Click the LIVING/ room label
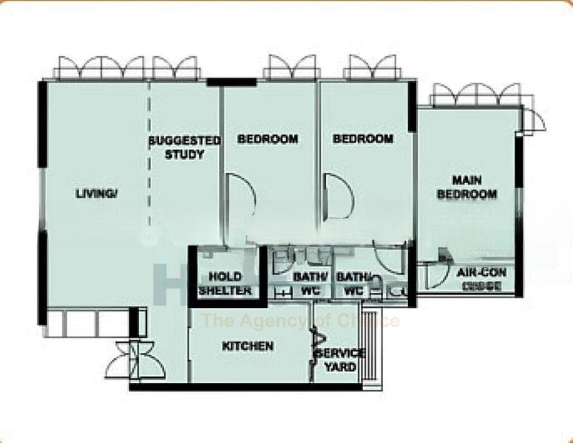point(96,194)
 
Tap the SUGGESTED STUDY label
point(184,147)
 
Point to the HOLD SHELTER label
point(225,284)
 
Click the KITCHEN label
point(248,346)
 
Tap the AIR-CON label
point(481,273)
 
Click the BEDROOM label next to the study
point(268,139)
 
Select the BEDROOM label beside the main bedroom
point(362,139)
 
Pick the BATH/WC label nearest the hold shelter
point(305,284)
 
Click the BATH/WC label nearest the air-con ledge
point(350,284)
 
